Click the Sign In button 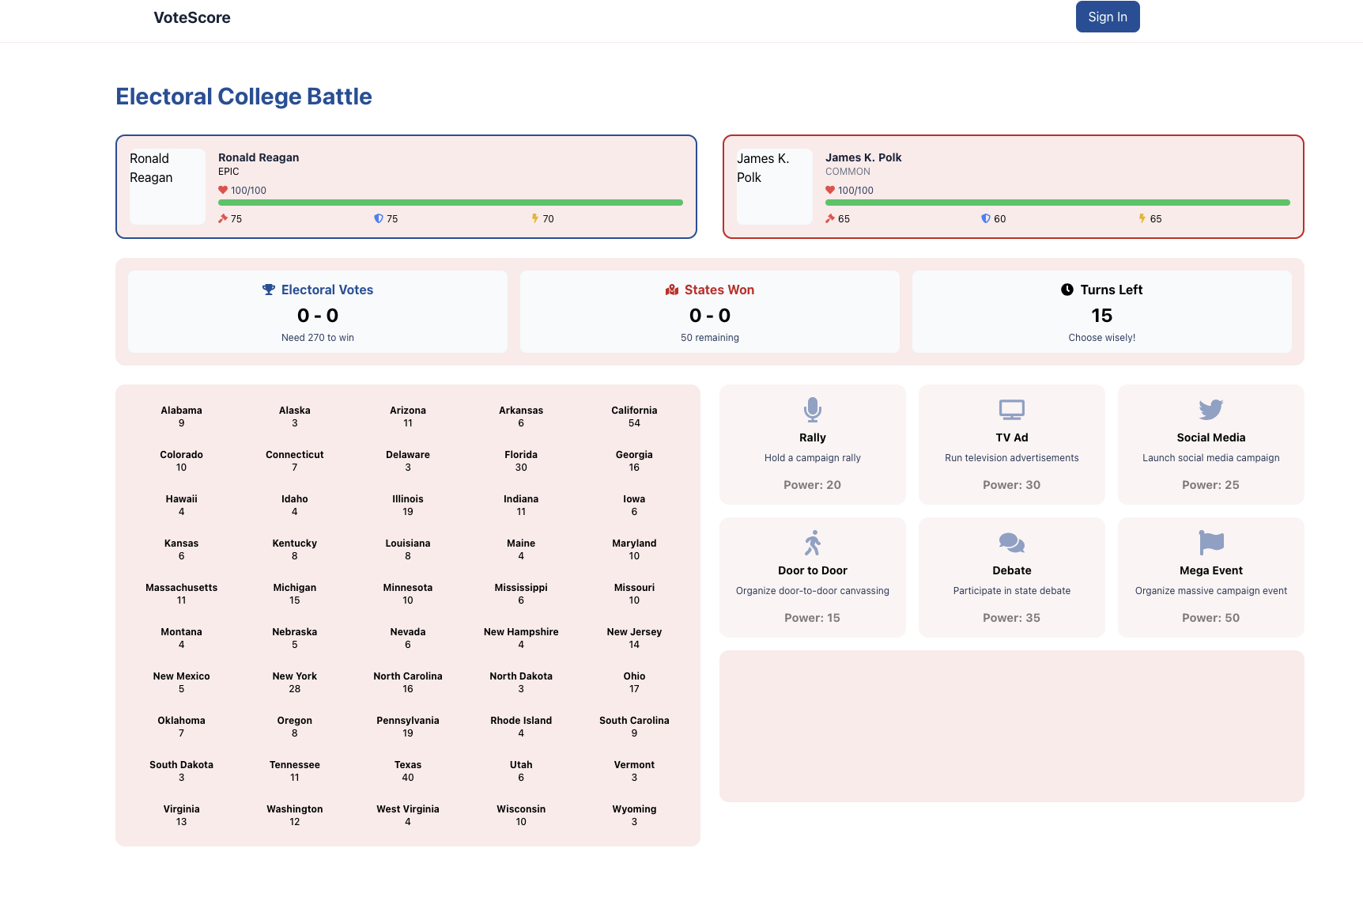tap(1107, 17)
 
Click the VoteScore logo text tap(192, 17)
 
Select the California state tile tap(634, 416)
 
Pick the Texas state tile tap(408, 771)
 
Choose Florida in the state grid tap(521, 460)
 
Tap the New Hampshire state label tap(521, 632)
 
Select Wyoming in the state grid tap(634, 815)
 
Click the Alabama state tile tap(182, 416)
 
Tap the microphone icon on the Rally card tap(812, 410)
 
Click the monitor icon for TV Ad tap(1011, 410)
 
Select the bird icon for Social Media tap(1210, 410)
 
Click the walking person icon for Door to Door tap(812, 543)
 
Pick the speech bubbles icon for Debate tap(1011, 543)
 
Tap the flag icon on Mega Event tap(1210, 543)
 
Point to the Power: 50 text tap(1210, 618)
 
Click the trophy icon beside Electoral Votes tap(269, 290)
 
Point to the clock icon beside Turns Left tap(1067, 290)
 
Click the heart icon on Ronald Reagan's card tap(223, 190)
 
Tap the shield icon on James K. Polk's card tap(985, 218)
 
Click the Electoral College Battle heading tap(244, 97)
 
